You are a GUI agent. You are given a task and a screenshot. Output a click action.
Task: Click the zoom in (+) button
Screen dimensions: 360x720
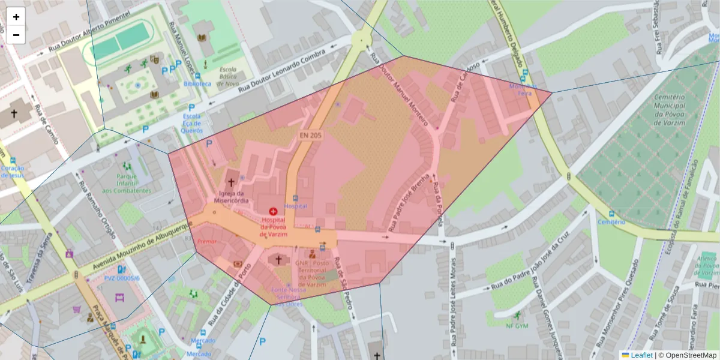tap(16, 17)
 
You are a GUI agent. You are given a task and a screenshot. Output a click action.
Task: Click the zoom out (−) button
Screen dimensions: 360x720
tap(16, 35)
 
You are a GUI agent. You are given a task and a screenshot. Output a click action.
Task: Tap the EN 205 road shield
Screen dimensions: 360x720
tap(311, 136)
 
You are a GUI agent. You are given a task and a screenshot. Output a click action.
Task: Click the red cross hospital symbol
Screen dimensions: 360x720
tap(273, 212)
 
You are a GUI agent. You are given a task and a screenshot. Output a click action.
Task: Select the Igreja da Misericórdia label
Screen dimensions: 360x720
tap(232, 197)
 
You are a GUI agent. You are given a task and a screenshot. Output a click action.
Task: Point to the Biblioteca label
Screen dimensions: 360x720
tap(197, 83)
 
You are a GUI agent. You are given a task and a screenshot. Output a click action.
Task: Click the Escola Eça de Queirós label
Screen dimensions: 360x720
tap(192, 123)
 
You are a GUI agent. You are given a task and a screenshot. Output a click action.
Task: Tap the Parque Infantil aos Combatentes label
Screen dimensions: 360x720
tap(126, 183)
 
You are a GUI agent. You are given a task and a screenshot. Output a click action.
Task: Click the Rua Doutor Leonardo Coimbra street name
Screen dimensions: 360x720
tap(282, 71)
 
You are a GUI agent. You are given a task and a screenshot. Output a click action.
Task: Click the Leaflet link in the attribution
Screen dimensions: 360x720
tap(641, 355)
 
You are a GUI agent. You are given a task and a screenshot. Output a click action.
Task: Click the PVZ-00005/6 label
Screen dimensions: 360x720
tap(122, 278)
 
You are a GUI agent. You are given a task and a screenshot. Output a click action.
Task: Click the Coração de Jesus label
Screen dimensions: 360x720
tap(13, 172)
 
